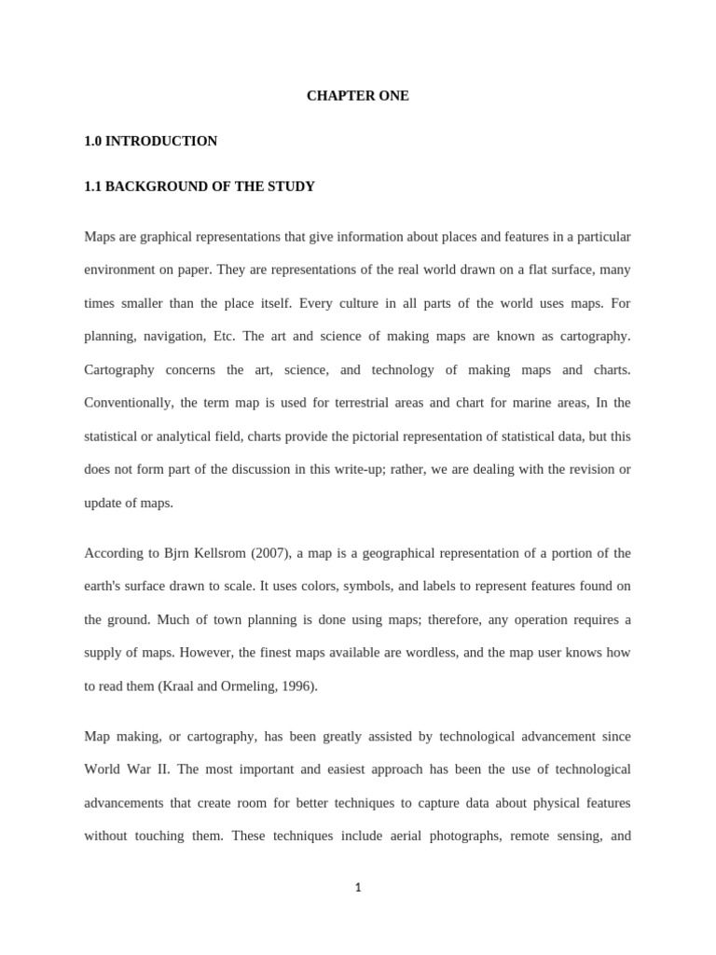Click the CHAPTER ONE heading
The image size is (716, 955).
[357, 96]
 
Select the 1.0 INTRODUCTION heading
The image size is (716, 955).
[150, 141]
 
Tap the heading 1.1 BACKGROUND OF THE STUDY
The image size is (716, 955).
[200, 187]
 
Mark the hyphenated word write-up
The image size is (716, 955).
[361, 469]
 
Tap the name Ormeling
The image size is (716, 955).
[252, 686]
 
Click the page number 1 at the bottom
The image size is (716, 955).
[357, 888]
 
